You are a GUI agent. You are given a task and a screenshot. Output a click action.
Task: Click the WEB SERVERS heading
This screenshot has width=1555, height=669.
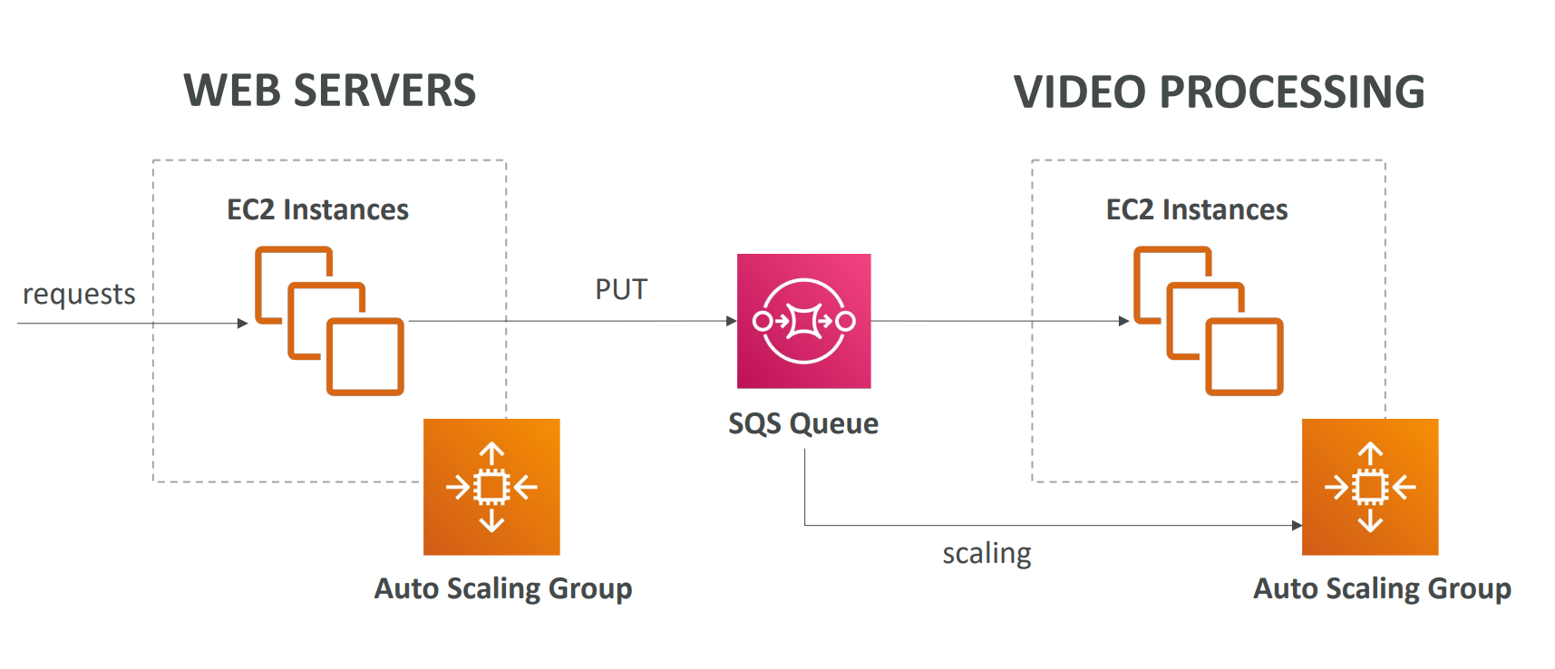(329, 91)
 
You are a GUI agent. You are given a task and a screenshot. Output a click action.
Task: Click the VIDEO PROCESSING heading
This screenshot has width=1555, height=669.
(1219, 92)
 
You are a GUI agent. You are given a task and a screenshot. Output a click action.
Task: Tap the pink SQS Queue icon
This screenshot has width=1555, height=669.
(803, 321)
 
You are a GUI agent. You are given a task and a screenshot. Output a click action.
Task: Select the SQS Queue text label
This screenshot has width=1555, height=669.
(803, 423)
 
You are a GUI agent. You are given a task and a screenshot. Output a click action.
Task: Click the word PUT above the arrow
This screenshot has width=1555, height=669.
(621, 289)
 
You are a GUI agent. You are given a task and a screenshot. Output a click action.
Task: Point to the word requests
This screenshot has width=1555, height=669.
(79, 294)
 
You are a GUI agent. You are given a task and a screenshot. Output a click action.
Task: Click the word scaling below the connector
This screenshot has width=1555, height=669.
(986, 553)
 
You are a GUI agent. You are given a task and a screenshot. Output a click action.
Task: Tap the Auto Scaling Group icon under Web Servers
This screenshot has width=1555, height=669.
(491, 487)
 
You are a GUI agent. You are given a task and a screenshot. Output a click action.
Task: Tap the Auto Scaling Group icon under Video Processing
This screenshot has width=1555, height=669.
(1369, 487)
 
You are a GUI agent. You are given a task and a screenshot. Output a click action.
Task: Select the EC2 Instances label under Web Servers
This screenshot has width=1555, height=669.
(317, 209)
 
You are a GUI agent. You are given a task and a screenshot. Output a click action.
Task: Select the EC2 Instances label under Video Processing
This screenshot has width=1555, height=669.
(1197, 209)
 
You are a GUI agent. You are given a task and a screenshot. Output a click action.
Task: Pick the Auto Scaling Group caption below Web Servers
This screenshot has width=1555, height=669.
(503, 588)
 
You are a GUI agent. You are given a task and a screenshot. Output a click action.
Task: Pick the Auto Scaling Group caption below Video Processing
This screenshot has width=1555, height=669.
(1382, 588)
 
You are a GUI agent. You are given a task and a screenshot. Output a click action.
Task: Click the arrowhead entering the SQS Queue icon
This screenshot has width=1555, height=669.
(732, 321)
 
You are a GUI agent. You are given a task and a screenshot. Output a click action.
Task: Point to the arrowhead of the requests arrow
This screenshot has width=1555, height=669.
(242, 324)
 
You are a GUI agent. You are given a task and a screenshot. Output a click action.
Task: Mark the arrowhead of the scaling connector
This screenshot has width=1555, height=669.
(1297, 525)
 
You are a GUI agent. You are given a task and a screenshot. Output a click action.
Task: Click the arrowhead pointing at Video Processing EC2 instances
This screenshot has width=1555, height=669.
(1123, 321)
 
